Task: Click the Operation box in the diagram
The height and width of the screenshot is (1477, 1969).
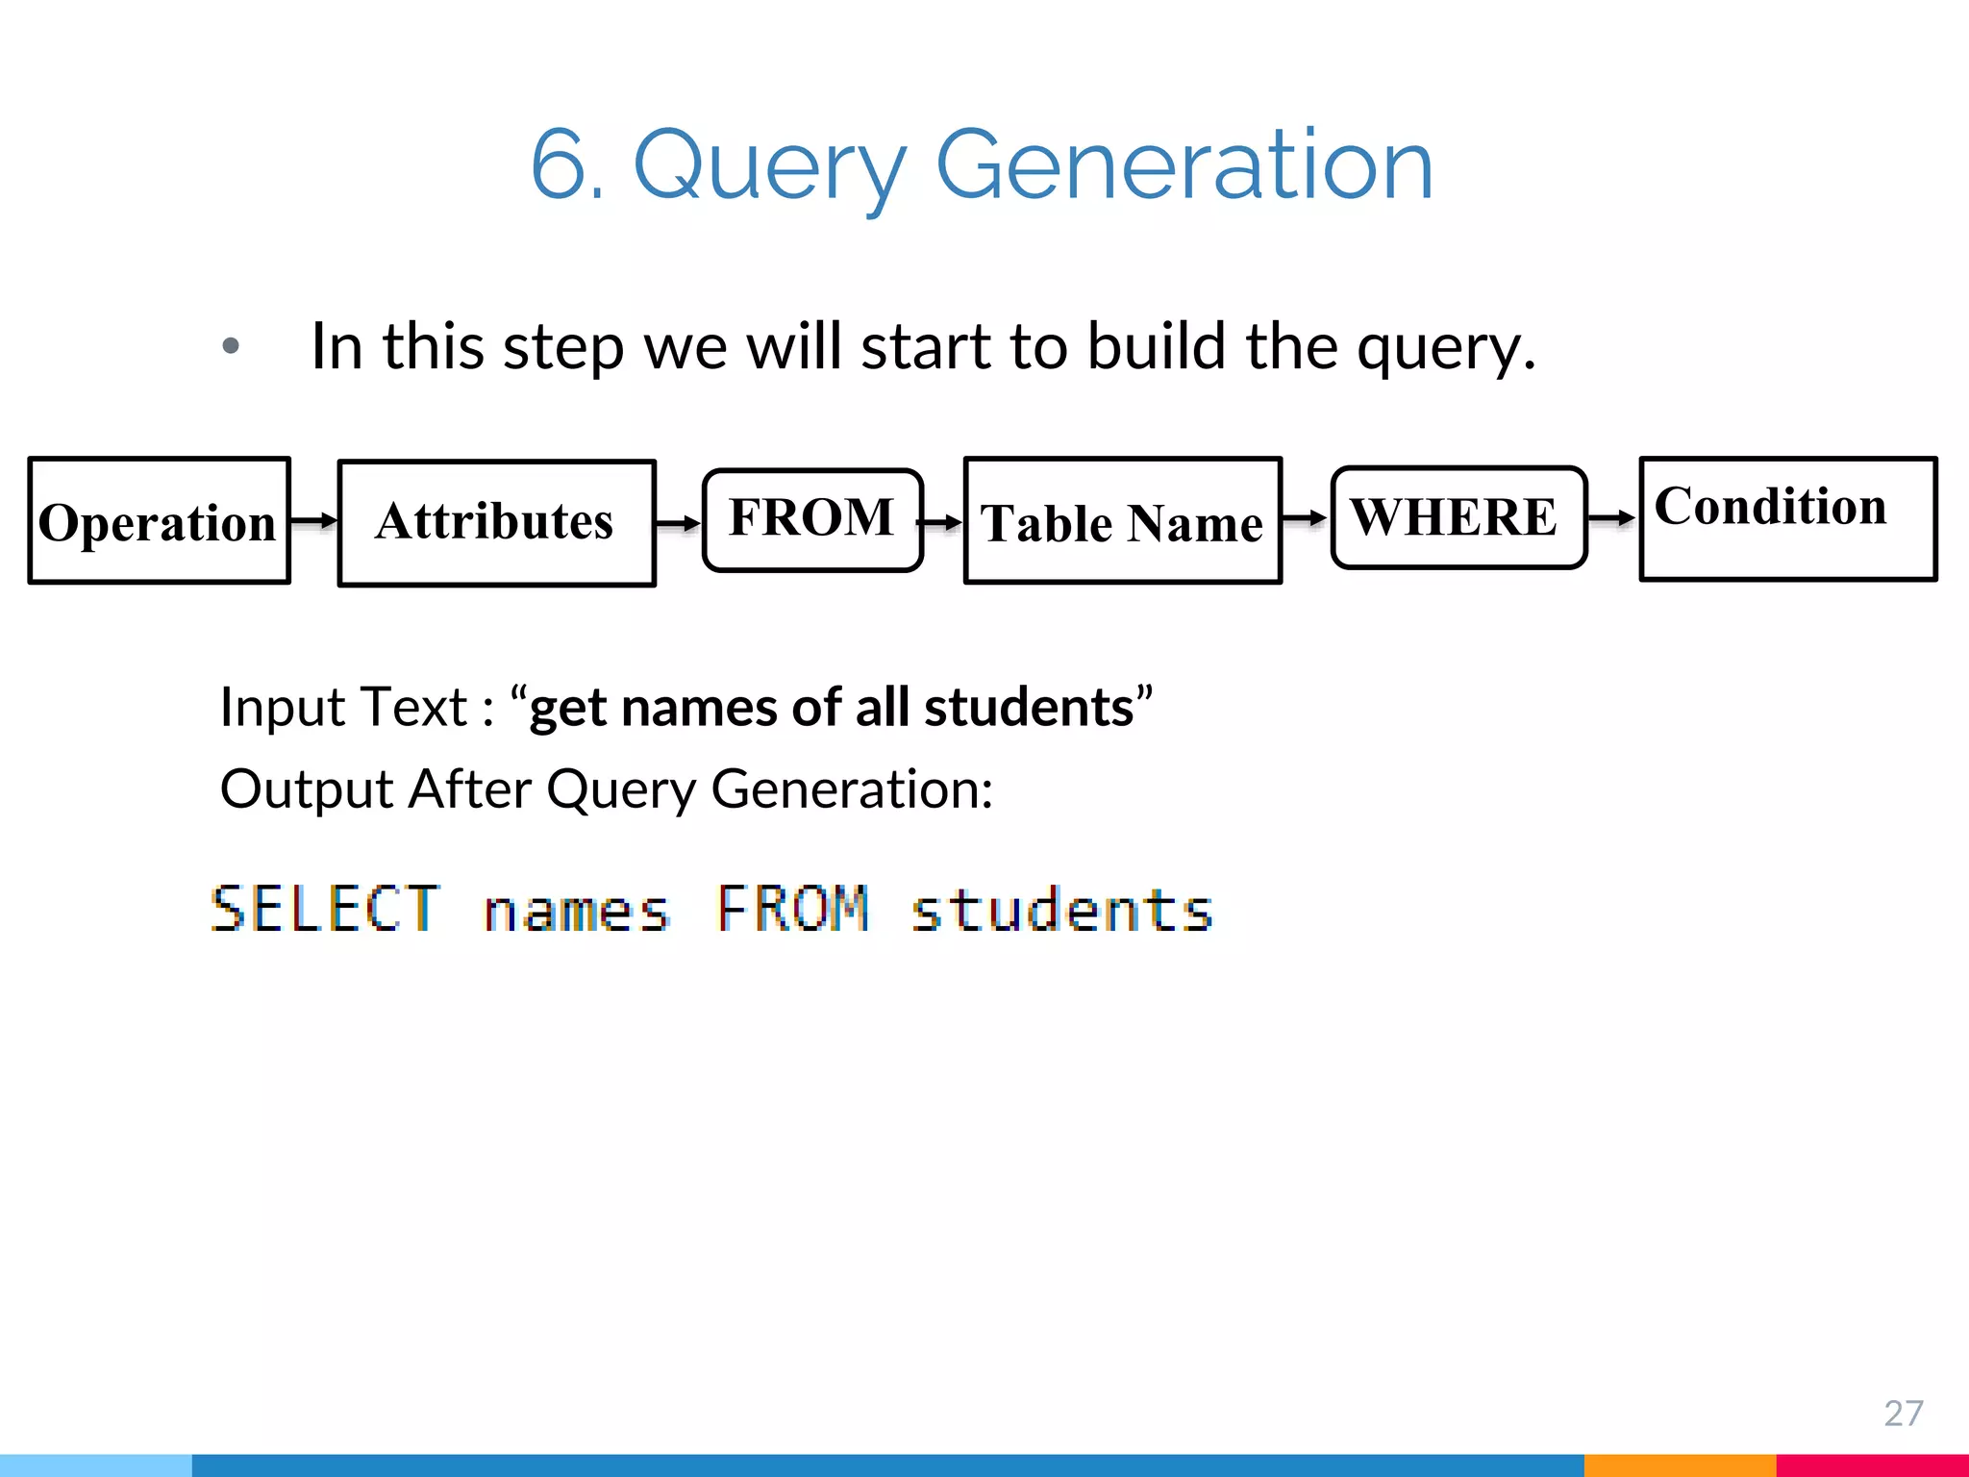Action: pos(159,521)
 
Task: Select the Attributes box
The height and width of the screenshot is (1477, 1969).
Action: pos(496,522)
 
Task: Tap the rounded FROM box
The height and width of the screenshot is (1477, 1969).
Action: pos(812,519)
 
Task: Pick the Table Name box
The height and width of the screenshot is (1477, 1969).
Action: pos(1122,521)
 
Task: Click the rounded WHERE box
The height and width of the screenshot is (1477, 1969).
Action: pos(1458,517)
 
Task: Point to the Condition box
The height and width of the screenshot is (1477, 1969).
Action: pos(1787,519)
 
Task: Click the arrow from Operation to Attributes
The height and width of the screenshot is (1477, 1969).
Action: pos(314,521)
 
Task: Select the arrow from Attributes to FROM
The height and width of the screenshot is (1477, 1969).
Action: pos(679,523)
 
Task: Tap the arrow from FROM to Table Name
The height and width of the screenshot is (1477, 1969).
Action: pos(942,522)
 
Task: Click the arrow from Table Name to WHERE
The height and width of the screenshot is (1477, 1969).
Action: pos(1306,518)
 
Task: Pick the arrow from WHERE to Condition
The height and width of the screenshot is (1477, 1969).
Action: pos(1612,518)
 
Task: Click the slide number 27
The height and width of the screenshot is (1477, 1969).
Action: pos(1903,1413)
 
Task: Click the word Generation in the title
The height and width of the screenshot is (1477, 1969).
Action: pos(1184,165)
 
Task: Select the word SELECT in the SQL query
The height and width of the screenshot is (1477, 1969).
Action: pos(325,909)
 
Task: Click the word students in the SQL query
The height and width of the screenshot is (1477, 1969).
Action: pos(1061,909)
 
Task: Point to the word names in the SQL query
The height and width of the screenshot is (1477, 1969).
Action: pos(576,911)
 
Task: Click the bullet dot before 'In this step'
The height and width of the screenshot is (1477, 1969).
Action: pos(231,346)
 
